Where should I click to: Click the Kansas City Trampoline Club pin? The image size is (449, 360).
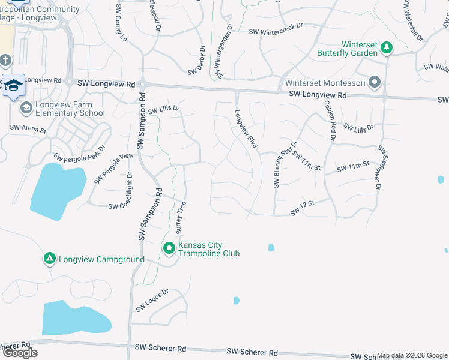point(169,248)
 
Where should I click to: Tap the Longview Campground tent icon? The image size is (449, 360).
point(49,259)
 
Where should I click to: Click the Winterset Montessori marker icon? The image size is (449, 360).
point(375,82)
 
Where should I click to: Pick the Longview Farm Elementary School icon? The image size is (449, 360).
point(26,108)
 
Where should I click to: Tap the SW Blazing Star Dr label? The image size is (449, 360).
point(285,164)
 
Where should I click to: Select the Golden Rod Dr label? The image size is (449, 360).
point(330,121)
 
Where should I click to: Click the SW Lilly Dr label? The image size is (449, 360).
point(358,127)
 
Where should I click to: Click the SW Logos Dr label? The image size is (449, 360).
point(152,300)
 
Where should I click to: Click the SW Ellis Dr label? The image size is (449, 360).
point(164,110)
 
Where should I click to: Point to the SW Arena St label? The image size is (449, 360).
point(28,129)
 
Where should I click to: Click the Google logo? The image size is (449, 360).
point(19,353)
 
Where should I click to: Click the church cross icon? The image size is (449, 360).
point(5,61)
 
